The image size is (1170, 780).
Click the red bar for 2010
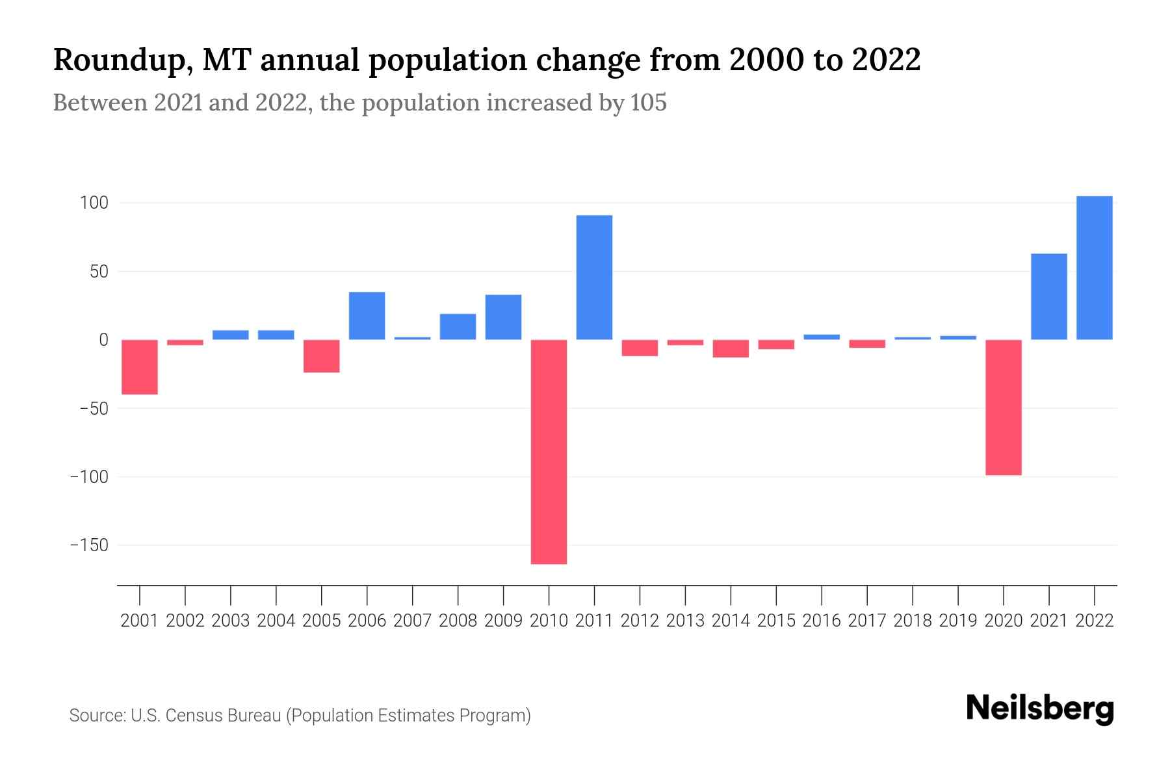pos(549,452)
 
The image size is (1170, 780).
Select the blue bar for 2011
pos(594,278)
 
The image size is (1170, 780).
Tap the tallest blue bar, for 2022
pos(1094,268)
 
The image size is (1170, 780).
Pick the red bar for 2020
pos(1003,408)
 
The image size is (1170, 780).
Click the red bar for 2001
pos(140,367)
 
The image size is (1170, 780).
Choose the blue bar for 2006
pos(367,316)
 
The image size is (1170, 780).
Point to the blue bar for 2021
pos(1048,296)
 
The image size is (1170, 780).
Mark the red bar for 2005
pos(322,356)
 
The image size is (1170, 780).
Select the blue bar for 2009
pos(503,317)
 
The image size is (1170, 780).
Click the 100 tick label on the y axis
pos(94,203)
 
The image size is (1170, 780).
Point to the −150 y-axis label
pos(89,545)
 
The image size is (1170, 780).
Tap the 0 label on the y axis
pos(103,340)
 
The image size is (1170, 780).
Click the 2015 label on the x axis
pos(776,621)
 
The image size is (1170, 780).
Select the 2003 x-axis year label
pos(231,621)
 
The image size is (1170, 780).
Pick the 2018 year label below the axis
pos(913,621)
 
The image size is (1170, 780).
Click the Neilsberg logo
pos(1040,708)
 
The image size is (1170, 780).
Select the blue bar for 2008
pos(458,327)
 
